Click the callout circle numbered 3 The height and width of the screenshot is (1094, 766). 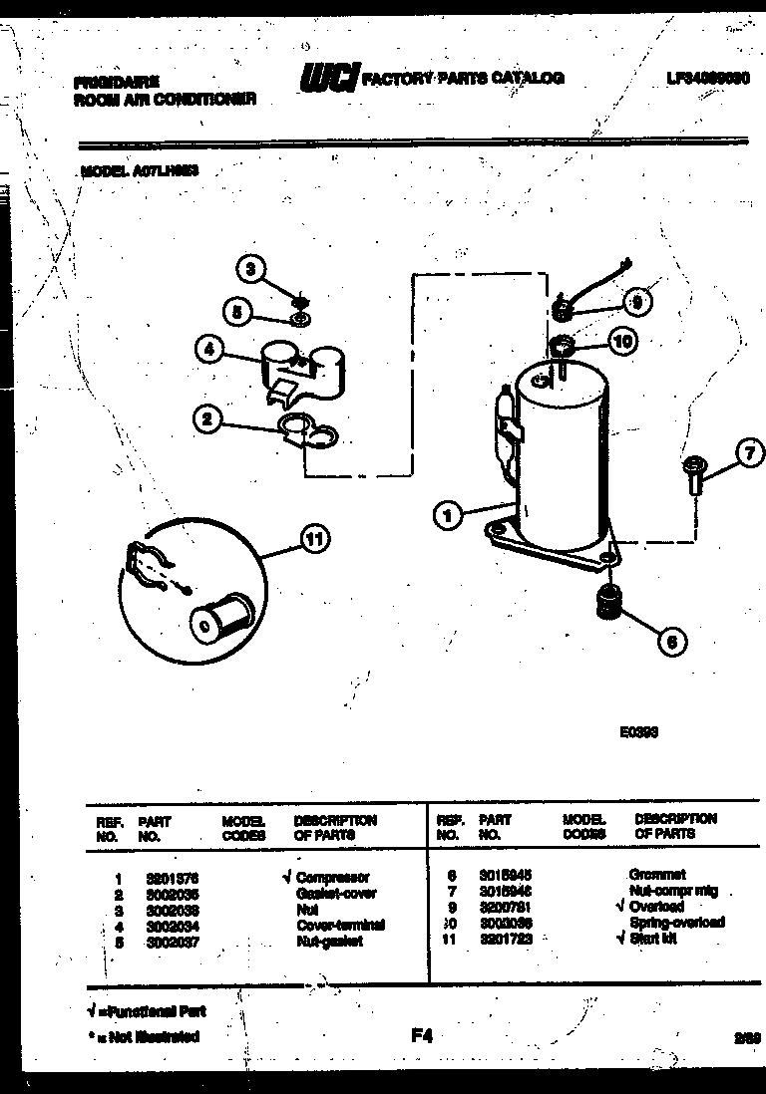tap(251, 268)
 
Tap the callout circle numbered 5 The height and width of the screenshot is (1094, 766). tap(237, 312)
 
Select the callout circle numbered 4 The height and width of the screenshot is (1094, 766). tap(207, 351)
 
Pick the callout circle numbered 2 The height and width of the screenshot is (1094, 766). tap(207, 419)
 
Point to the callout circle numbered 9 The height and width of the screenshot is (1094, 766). tap(637, 300)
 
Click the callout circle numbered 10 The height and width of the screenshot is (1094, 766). tap(621, 342)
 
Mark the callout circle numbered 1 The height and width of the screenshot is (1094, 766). tap(449, 515)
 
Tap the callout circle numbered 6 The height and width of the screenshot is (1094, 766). tap(672, 643)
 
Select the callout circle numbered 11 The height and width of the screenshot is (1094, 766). tap(314, 540)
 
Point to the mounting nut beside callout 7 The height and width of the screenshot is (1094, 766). tap(691, 475)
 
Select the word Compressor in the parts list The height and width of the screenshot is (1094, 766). tap(333, 878)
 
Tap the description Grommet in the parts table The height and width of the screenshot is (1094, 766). tap(657, 874)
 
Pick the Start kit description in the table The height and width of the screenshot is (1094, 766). tap(653, 938)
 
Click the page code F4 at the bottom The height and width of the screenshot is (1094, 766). tap(422, 1035)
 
